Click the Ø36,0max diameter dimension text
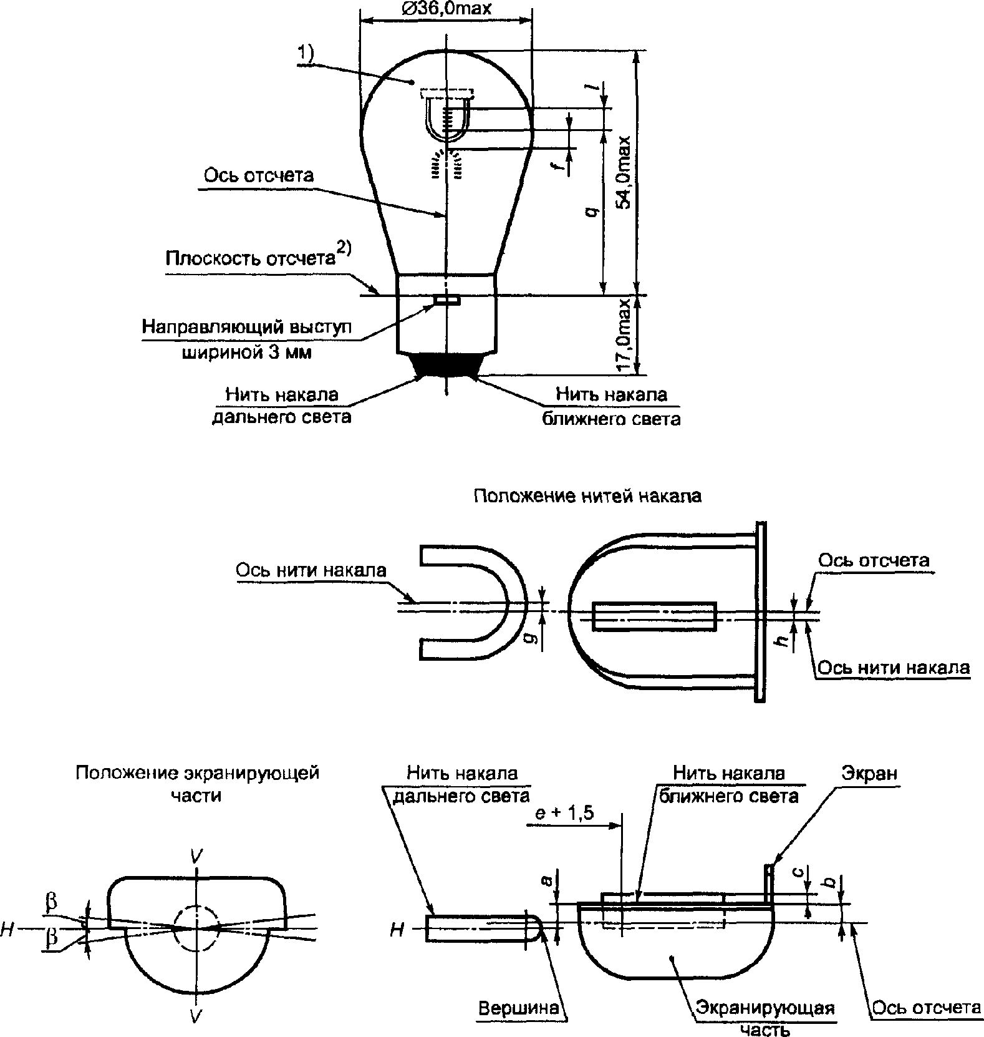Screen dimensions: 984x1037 click(446, 8)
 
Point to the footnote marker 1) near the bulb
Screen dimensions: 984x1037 click(305, 54)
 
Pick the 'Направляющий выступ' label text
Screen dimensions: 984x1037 click(247, 327)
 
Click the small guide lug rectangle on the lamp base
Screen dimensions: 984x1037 click(448, 301)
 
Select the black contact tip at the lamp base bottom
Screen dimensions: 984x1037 click(446, 365)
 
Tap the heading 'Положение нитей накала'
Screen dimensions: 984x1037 click(587, 496)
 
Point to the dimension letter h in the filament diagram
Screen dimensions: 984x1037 click(785, 636)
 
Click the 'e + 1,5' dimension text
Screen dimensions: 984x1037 click(565, 813)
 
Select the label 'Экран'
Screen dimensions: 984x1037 click(870, 774)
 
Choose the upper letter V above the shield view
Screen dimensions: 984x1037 click(196, 857)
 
